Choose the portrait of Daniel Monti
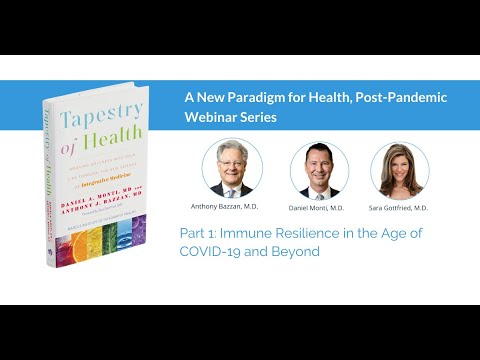(x=318, y=170)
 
